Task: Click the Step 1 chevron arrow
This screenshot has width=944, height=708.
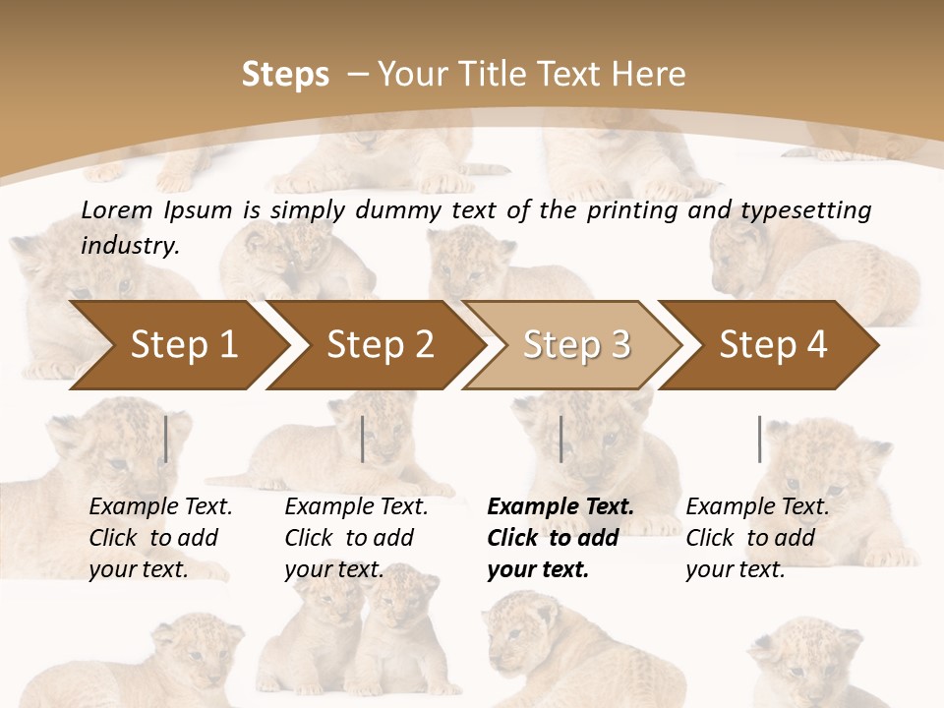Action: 183,345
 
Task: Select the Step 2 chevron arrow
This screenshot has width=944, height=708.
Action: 380,345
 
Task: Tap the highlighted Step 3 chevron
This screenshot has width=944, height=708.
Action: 576,345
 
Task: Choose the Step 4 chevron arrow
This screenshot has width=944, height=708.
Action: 773,345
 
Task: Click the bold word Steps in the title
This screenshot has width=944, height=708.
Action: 285,75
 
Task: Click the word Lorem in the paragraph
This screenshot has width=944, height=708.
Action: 116,209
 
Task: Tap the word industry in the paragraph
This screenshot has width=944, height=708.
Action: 129,246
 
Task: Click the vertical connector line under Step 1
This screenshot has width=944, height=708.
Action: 166,440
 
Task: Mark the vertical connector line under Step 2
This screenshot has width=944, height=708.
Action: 363,440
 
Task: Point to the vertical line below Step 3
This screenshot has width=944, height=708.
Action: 560,440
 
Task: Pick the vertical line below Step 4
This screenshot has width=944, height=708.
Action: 759,440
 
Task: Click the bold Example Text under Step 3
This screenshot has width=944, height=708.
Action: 560,507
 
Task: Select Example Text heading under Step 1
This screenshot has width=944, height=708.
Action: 160,507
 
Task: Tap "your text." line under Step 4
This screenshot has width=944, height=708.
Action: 736,569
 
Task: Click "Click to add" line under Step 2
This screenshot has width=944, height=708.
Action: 349,538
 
